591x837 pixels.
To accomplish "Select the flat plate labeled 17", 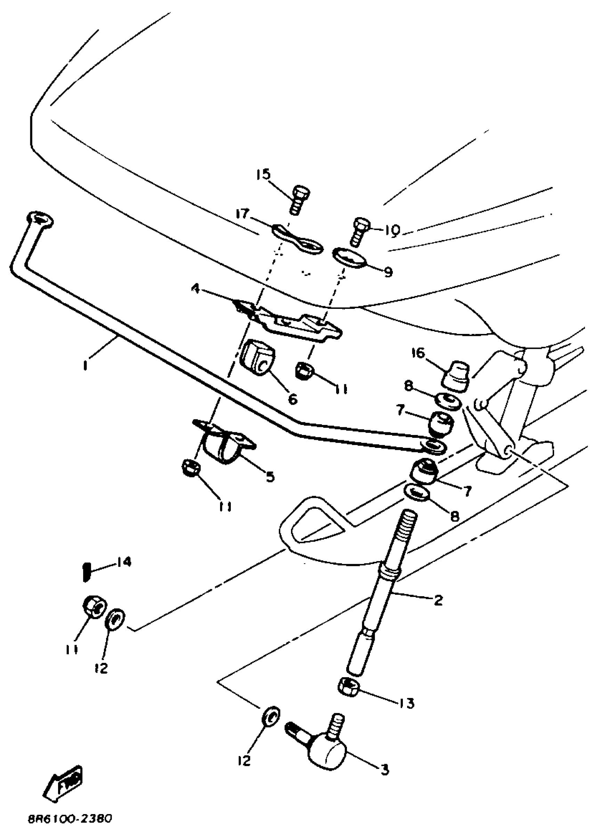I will pyautogui.click(x=297, y=240).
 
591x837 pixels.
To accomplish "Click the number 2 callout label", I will pyautogui.click(x=438, y=600).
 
